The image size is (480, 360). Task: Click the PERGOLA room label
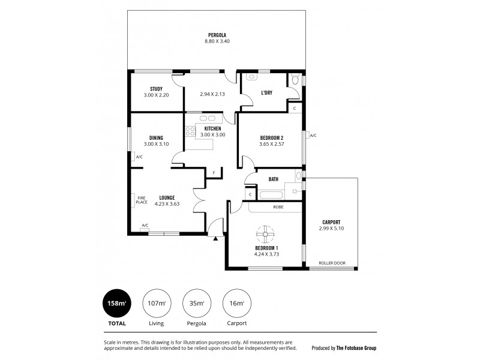click(x=217, y=35)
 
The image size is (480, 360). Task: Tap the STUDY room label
click(x=156, y=89)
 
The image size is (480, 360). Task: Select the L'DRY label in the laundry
click(x=267, y=92)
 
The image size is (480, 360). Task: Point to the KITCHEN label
click(x=212, y=128)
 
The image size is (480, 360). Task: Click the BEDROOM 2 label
click(x=271, y=137)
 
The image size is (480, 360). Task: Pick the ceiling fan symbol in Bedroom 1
click(x=265, y=232)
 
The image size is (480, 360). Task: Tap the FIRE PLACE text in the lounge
click(x=142, y=200)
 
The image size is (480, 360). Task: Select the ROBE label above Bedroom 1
click(x=278, y=207)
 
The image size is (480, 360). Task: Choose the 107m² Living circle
click(x=157, y=304)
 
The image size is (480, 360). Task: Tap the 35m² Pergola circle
click(x=197, y=304)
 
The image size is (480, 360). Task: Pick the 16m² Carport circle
click(x=236, y=304)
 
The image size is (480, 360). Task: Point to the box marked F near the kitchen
click(x=214, y=173)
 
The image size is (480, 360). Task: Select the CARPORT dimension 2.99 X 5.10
click(x=331, y=229)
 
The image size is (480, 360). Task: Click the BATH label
click(x=273, y=179)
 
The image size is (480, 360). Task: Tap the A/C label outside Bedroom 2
click(x=313, y=136)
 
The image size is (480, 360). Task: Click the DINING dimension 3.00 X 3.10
click(x=156, y=144)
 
